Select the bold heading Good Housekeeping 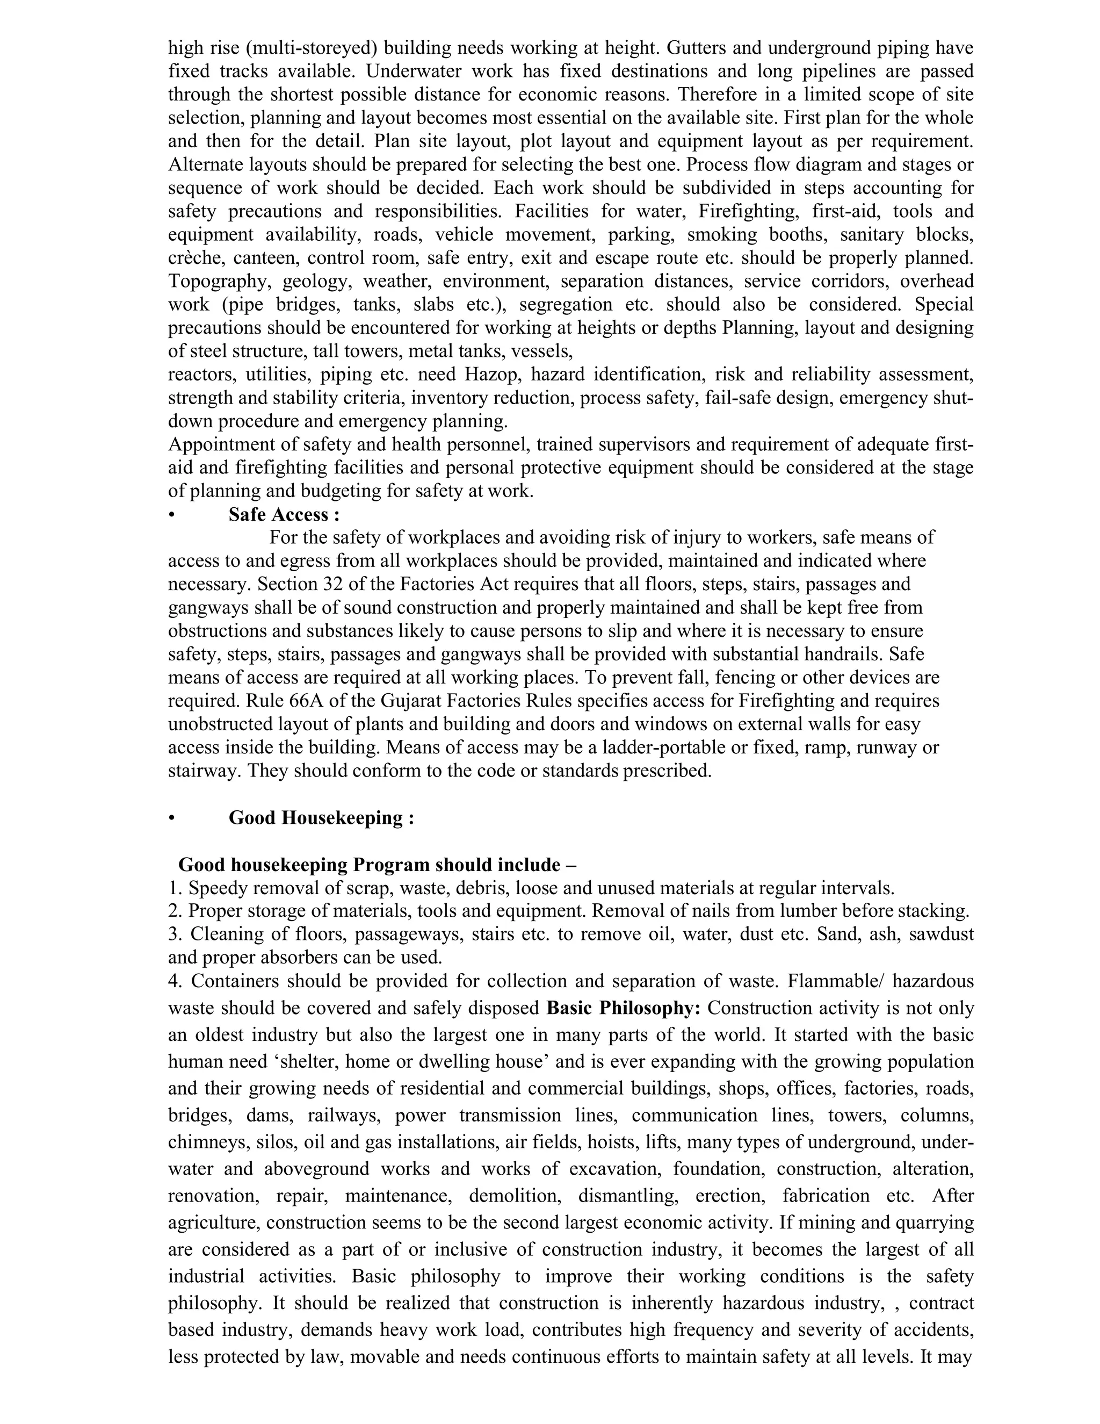coord(321,818)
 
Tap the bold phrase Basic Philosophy coord(623,1008)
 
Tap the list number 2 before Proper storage coord(173,911)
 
